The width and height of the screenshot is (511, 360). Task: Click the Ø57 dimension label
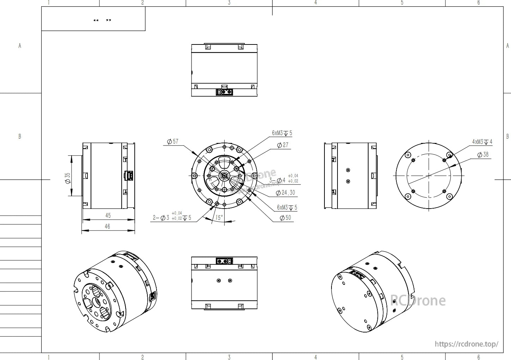click(x=173, y=142)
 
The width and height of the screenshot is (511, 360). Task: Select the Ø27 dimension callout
click(x=282, y=145)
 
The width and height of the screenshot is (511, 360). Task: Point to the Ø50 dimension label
click(x=285, y=218)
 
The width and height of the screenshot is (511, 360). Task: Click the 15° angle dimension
click(x=219, y=218)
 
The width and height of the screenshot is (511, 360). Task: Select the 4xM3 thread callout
click(x=482, y=142)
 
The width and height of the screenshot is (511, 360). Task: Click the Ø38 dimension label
click(x=483, y=155)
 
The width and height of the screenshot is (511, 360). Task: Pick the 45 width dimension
click(x=108, y=215)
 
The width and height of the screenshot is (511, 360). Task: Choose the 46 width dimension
click(x=108, y=227)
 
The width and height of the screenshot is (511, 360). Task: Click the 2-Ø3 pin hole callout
click(x=172, y=218)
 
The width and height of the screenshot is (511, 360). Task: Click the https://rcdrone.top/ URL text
click(x=466, y=344)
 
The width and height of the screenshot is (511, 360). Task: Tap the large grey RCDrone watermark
click(x=418, y=301)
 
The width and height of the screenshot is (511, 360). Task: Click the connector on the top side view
click(x=224, y=92)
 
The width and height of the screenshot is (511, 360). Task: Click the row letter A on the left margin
click(x=20, y=46)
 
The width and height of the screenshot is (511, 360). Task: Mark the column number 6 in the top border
click(x=478, y=3)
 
